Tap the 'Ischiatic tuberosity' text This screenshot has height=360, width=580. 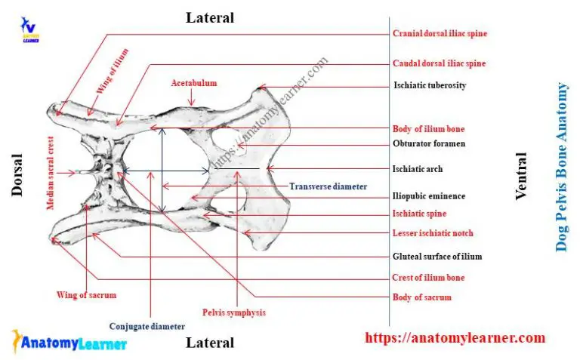pyautogui.click(x=430, y=85)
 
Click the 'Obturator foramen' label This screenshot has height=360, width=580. pyautogui.click(x=429, y=143)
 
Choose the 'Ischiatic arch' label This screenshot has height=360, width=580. pyautogui.click(x=418, y=169)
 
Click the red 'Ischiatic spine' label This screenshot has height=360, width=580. pyautogui.click(x=419, y=214)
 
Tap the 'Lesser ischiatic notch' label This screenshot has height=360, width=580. pyautogui.click(x=433, y=233)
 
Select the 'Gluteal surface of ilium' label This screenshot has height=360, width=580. pyautogui.click(x=437, y=257)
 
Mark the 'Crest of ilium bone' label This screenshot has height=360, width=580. pyautogui.click(x=428, y=278)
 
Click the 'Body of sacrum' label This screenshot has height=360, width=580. pyautogui.click(x=421, y=297)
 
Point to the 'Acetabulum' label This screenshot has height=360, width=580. pyautogui.click(x=193, y=82)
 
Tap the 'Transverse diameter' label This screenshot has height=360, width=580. pyautogui.click(x=329, y=186)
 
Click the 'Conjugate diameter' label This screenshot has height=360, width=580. pyautogui.click(x=147, y=327)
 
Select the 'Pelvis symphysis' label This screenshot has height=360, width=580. pyautogui.click(x=234, y=312)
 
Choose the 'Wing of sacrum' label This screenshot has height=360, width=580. pyautogui.click(x=87, y=294)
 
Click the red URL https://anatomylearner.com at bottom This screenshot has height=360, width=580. pyautogui.click(x=455, y=338)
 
